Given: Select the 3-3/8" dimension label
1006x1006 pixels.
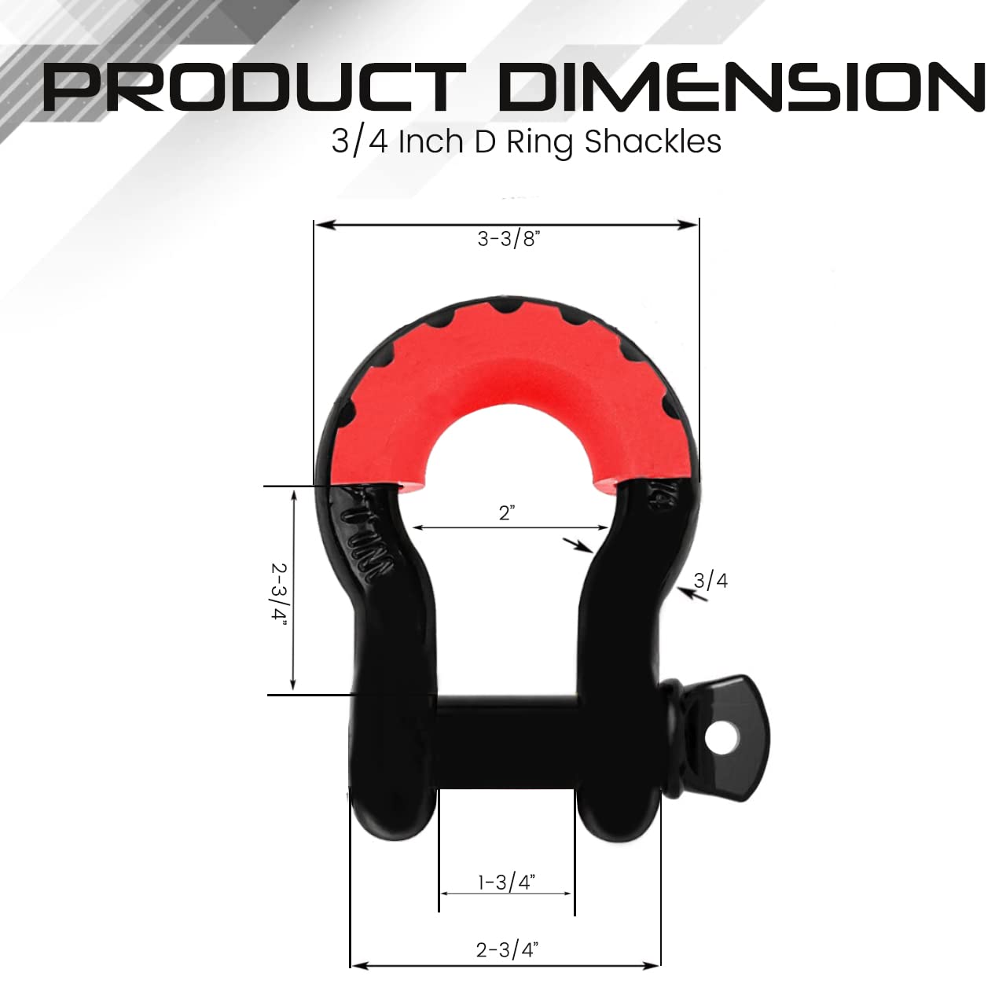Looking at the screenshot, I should (509, 239).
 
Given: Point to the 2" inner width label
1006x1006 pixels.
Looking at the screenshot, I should (507, 513).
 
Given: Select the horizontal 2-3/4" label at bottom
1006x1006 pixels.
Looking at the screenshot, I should (506, 949).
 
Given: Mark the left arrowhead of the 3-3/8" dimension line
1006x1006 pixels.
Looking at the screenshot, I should (321, 225).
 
